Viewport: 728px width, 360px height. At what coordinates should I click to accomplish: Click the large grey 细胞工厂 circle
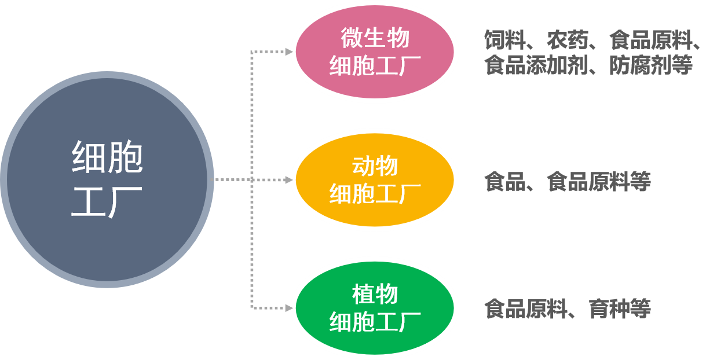(107, 179)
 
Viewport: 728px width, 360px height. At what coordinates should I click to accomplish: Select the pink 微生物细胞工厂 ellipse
(375, 52)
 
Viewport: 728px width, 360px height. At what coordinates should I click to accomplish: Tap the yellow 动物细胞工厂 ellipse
(375, 180)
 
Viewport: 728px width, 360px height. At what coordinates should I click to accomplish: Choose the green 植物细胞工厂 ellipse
(375, 307)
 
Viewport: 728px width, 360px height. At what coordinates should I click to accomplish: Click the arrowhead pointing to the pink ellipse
(288, 52)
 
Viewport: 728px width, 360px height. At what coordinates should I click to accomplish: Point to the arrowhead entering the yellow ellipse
(288, 180)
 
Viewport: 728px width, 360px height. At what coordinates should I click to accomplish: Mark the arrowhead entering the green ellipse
(288, 307)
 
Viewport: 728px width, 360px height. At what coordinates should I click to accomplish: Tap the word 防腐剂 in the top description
(640, 65)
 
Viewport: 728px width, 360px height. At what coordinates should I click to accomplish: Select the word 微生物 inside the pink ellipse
(375, 39)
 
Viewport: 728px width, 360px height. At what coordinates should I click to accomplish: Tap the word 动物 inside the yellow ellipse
(375, 167)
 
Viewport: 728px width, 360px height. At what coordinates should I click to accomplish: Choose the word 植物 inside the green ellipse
(375, 294)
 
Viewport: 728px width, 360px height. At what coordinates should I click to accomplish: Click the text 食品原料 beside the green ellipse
(525, 308)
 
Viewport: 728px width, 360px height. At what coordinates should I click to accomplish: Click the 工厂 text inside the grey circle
(107, 200)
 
